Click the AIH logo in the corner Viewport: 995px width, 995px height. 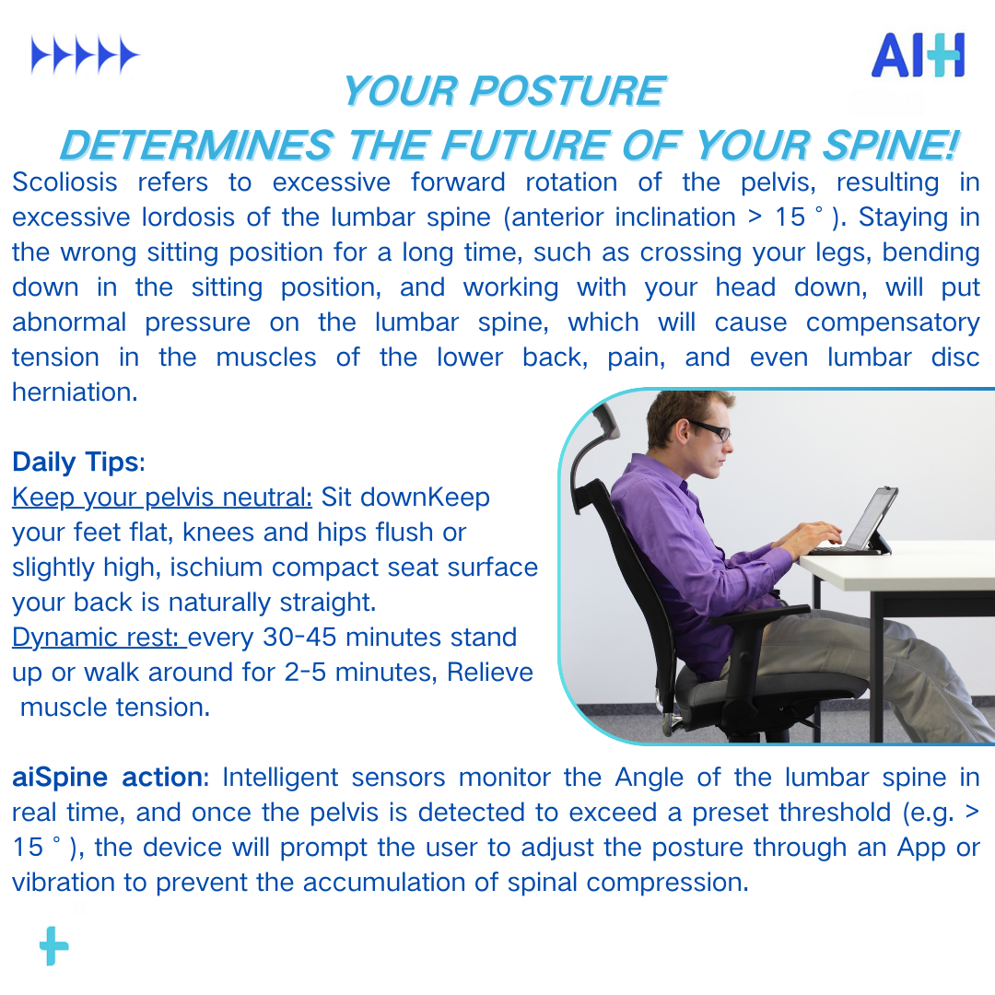tap(919, 55)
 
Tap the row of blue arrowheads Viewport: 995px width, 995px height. tap(85, 55)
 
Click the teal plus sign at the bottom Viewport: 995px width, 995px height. tap(54, 945)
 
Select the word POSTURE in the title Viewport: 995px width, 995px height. tap(568, 90)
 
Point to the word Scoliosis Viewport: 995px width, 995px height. tap(64, 182)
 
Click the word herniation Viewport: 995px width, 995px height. tap(75, 392)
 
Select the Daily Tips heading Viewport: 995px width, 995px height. tap(78, 462)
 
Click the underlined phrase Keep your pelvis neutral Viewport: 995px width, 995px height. tap(162, 498)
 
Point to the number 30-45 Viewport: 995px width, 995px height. tap(299, 638)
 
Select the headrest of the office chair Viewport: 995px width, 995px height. tap(595, 444)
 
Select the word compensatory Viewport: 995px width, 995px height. tap(892, 323)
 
